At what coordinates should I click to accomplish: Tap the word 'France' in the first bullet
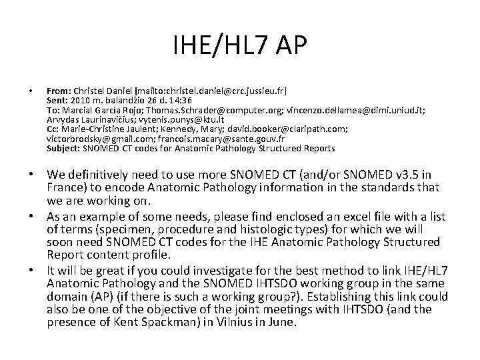[x=67, y=189]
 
